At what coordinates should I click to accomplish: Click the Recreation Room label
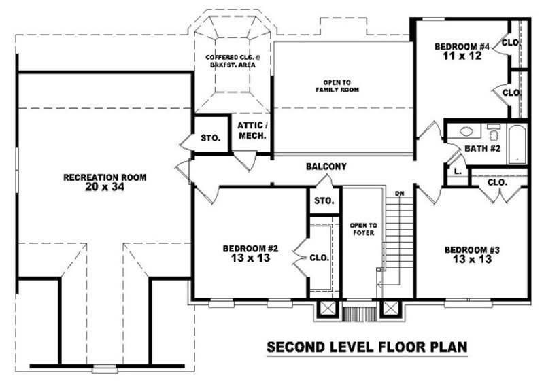pyautogui.click(x=104, y=177)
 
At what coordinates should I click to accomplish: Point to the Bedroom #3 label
pyautogui.click(x=472, y=249)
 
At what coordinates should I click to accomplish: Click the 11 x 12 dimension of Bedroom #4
pyautogui.click(x=462, y=56)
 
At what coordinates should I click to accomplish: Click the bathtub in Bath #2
pyautogui.click(x=517, y=143)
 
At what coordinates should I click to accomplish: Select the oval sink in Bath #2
pyautogui.click(x=466, y=132)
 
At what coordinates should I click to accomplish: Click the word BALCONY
pyautogui.click(x=326, y=167)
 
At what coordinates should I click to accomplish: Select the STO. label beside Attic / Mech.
pyautogui.click(x=210, y=138)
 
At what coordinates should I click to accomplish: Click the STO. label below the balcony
pyautogui.click(x=324, y=201)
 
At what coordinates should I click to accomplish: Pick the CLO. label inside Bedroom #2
pyautogui.click(x=319, y=258)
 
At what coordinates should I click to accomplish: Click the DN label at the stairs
pyautogui.click(x=400, y=194)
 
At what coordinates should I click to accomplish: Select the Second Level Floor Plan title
pyautogui.click(x=367, y=347)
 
